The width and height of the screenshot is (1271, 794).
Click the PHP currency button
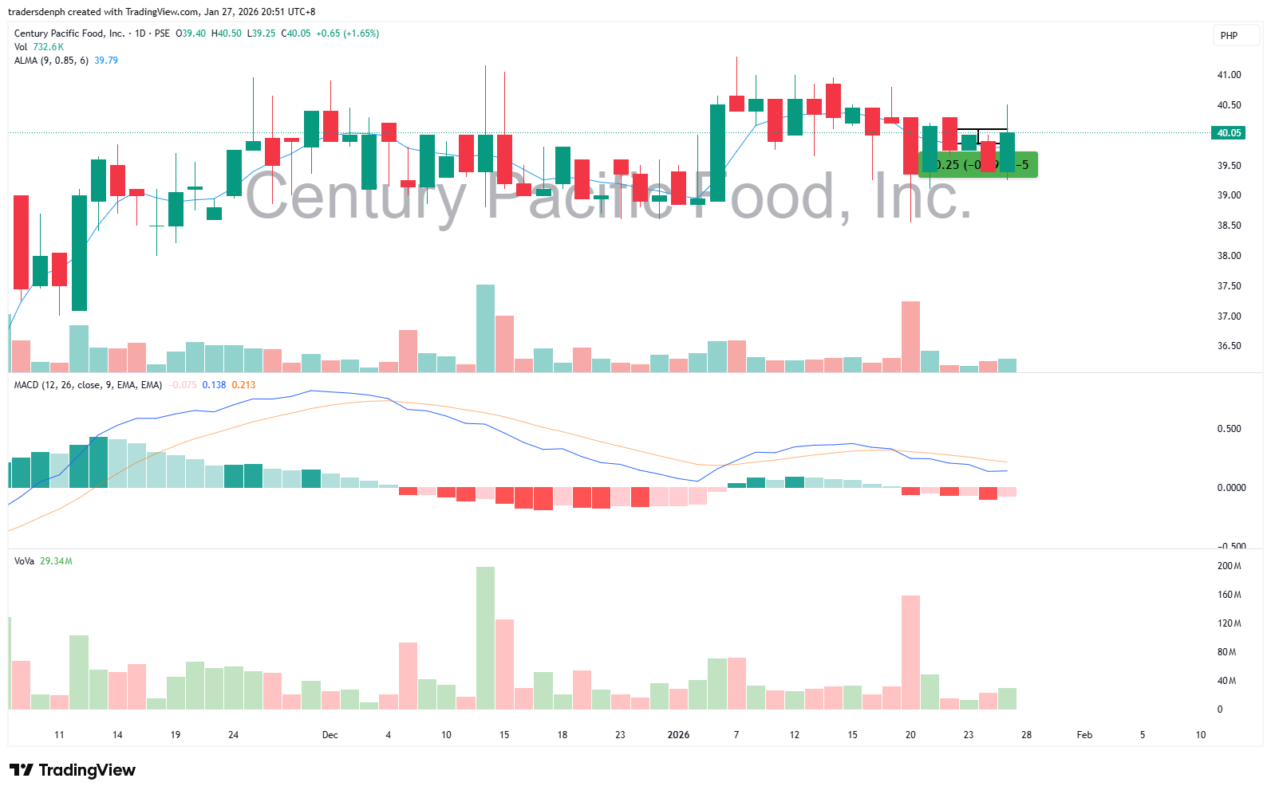point(1229,36)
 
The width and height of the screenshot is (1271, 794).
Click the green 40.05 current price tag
point(1229,133)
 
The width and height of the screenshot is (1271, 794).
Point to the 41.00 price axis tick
point(1229,75)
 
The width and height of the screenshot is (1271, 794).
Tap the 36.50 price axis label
point(1229,346)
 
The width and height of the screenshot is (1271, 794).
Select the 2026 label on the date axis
point(678,735)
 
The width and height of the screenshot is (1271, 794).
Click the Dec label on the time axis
point(330,735)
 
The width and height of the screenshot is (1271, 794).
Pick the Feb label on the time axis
point(1084,735)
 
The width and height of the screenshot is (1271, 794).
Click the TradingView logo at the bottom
point(73,770)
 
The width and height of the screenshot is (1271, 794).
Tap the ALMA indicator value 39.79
point(106,61)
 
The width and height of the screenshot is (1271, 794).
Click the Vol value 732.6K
point(48,47)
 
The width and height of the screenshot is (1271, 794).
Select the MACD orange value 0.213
point(243,385)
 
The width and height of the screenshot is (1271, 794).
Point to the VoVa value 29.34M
point(56,561)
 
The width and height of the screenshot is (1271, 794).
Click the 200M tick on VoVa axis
point(1229,566)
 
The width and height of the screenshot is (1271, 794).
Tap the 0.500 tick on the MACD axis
point(1229,429)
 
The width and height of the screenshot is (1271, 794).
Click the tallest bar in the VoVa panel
point(485,638)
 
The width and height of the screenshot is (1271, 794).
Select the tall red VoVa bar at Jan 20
point(910,652)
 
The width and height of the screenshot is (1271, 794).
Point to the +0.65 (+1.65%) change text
point(347,33)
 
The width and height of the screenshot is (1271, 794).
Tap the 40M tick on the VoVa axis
point(1227,681)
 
